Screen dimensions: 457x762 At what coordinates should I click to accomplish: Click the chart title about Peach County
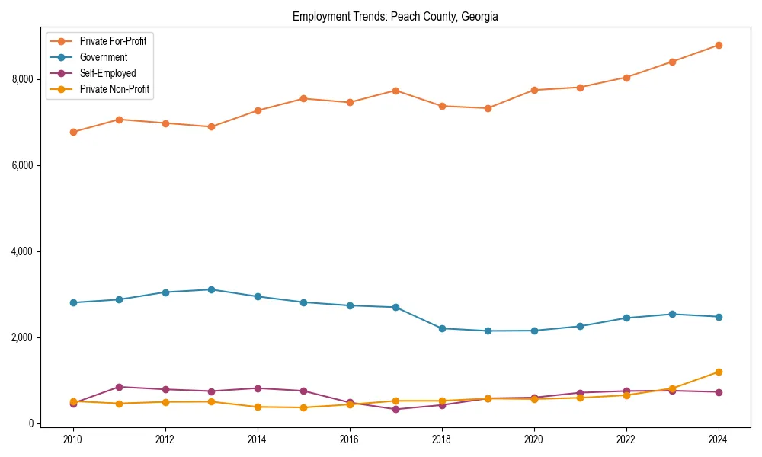395,17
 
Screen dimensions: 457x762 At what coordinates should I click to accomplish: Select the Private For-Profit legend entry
113,41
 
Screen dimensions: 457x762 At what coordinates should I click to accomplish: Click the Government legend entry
103,57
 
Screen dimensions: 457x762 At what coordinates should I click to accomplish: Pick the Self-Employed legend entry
107,73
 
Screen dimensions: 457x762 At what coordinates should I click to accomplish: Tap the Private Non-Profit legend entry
114,89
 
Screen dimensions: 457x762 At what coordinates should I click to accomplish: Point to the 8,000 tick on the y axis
22,79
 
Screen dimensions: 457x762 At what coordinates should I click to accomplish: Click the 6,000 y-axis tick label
22,165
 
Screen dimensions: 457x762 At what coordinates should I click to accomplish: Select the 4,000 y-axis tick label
22,251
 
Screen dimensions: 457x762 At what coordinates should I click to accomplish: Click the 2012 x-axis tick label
165,439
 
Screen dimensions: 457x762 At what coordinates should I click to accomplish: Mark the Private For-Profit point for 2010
73,132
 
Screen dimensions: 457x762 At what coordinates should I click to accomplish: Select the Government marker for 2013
211,289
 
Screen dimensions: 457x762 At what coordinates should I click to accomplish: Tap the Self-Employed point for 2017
395,409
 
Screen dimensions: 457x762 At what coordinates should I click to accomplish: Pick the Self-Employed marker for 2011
119,387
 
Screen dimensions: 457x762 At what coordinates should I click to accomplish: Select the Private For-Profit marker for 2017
395,91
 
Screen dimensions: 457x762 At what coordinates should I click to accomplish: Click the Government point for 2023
672,314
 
